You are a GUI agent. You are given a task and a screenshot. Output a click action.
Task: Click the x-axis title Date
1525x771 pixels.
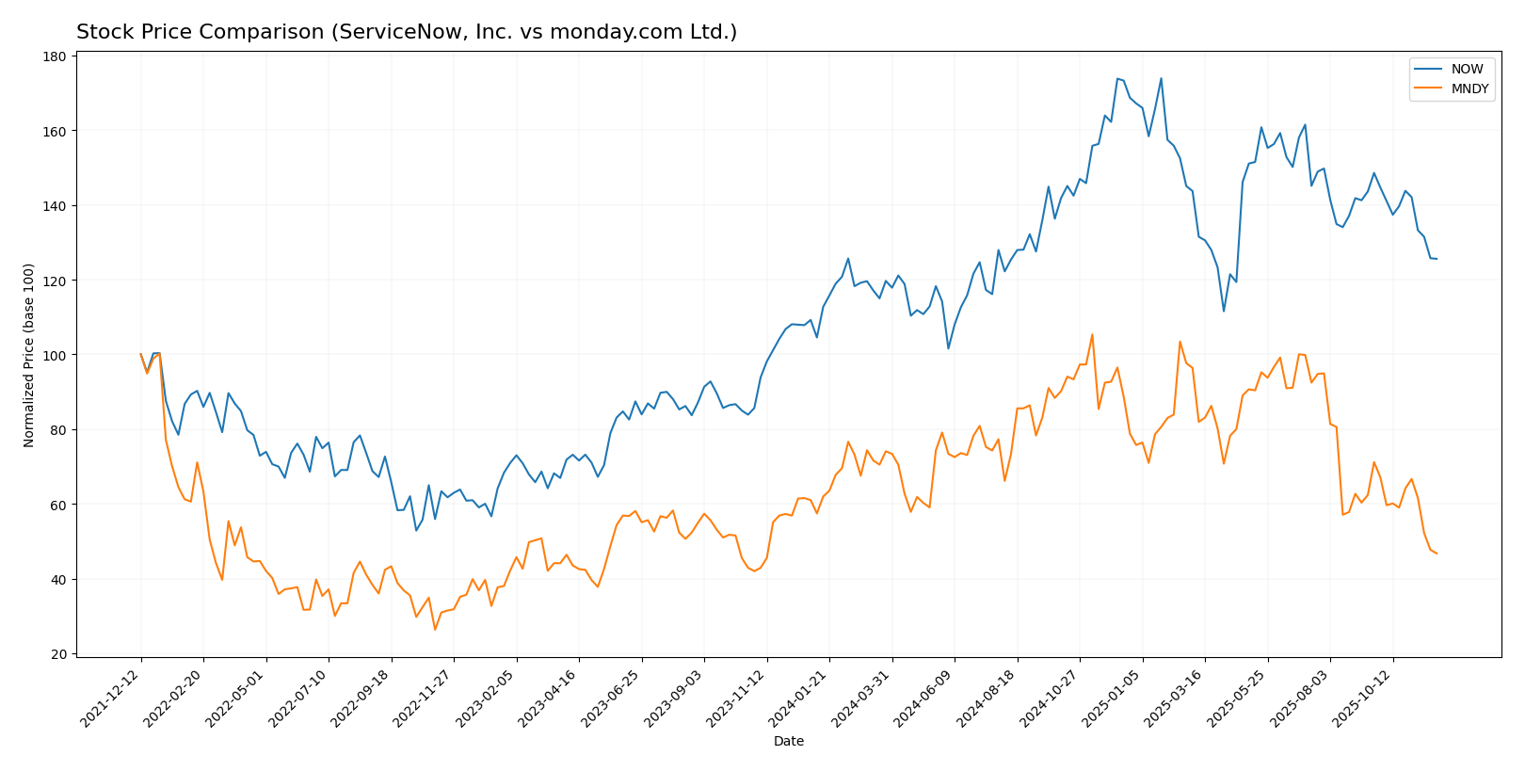[x=788, y=742]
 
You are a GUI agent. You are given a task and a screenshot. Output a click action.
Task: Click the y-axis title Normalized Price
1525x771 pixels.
[x=29, y=355]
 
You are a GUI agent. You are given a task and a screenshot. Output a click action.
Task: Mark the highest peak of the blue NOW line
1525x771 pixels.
[x=1117, y=78]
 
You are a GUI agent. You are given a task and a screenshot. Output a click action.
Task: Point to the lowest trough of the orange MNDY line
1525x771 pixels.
[x=435, y=630]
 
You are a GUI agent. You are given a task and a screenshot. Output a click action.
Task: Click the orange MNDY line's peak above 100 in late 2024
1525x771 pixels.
[x=1092, y=334]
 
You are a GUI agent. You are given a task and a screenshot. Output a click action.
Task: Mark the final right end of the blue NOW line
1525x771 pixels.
[x=1437, y=259]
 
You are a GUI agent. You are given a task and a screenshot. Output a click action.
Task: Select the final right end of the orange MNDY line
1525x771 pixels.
[x=1437, y=554]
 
